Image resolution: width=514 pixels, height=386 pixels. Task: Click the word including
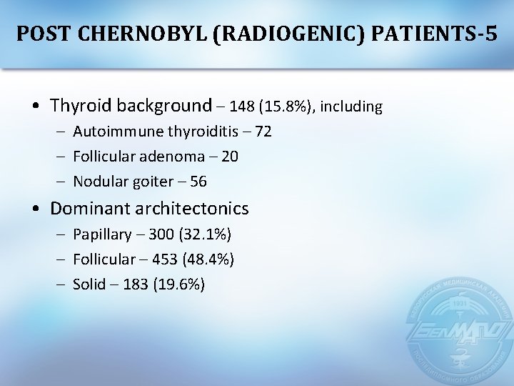[351, 107]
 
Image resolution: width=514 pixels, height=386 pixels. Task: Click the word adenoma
[168, 157]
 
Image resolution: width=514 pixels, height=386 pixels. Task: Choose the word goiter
[148, 182]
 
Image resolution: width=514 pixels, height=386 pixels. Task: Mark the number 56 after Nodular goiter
[198, 182]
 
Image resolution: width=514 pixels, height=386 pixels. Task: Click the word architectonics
[198, 209]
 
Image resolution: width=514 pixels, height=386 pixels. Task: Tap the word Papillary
[102, 234]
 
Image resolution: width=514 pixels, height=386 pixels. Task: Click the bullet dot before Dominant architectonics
[36, 209]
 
